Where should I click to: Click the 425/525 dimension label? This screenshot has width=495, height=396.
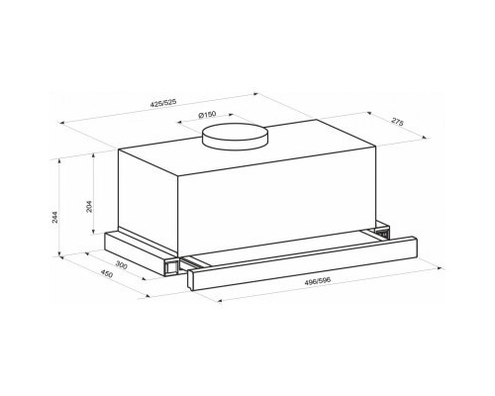163,103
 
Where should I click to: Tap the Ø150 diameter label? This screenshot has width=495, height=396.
207,115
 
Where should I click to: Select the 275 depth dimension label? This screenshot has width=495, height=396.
397,121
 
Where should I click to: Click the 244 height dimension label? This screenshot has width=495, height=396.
54,217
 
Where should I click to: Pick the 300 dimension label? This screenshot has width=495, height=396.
122,264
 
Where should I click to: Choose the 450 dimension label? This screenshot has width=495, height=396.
107,274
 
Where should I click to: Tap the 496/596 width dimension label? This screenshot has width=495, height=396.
318,281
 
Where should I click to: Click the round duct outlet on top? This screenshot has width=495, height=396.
235,136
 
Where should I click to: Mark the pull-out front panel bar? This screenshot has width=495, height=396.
302,263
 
